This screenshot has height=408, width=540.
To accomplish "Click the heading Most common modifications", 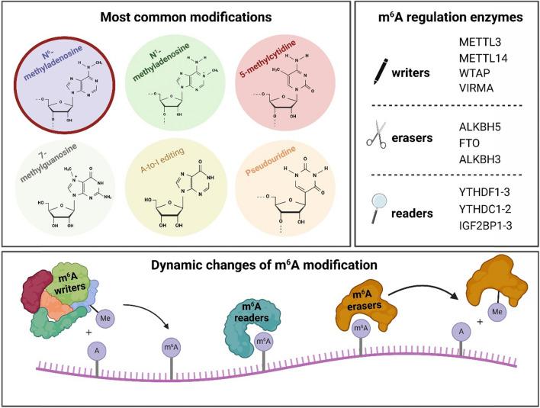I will pyautogui.click(x=178, y=15).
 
